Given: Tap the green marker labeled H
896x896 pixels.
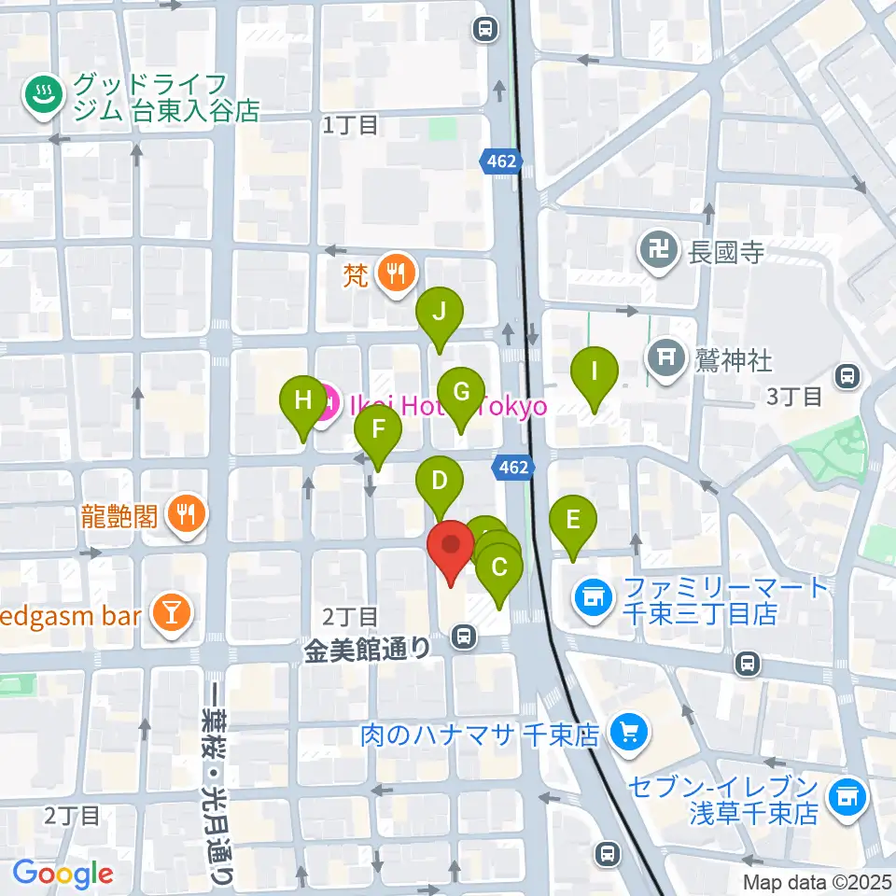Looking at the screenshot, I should pyautogui.click(x=303, y=401).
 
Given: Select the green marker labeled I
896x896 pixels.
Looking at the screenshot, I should pyautogui.click(x=595, y=371).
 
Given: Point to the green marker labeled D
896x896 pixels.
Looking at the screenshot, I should pyautogui.click(x=439, y=483).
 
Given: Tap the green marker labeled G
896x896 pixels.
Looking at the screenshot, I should pyautogui.click(x=461, y=393).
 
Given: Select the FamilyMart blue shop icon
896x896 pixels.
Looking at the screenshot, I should pyautogui.click(x=592, y=594).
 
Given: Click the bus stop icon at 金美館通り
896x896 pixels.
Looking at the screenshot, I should pyautogui.click(x=462, y=638).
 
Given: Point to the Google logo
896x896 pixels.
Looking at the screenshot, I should pyautogui.click(x=63, y=874).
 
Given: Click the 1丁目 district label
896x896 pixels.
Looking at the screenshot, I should pyautogui.click(x=350, y=124).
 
